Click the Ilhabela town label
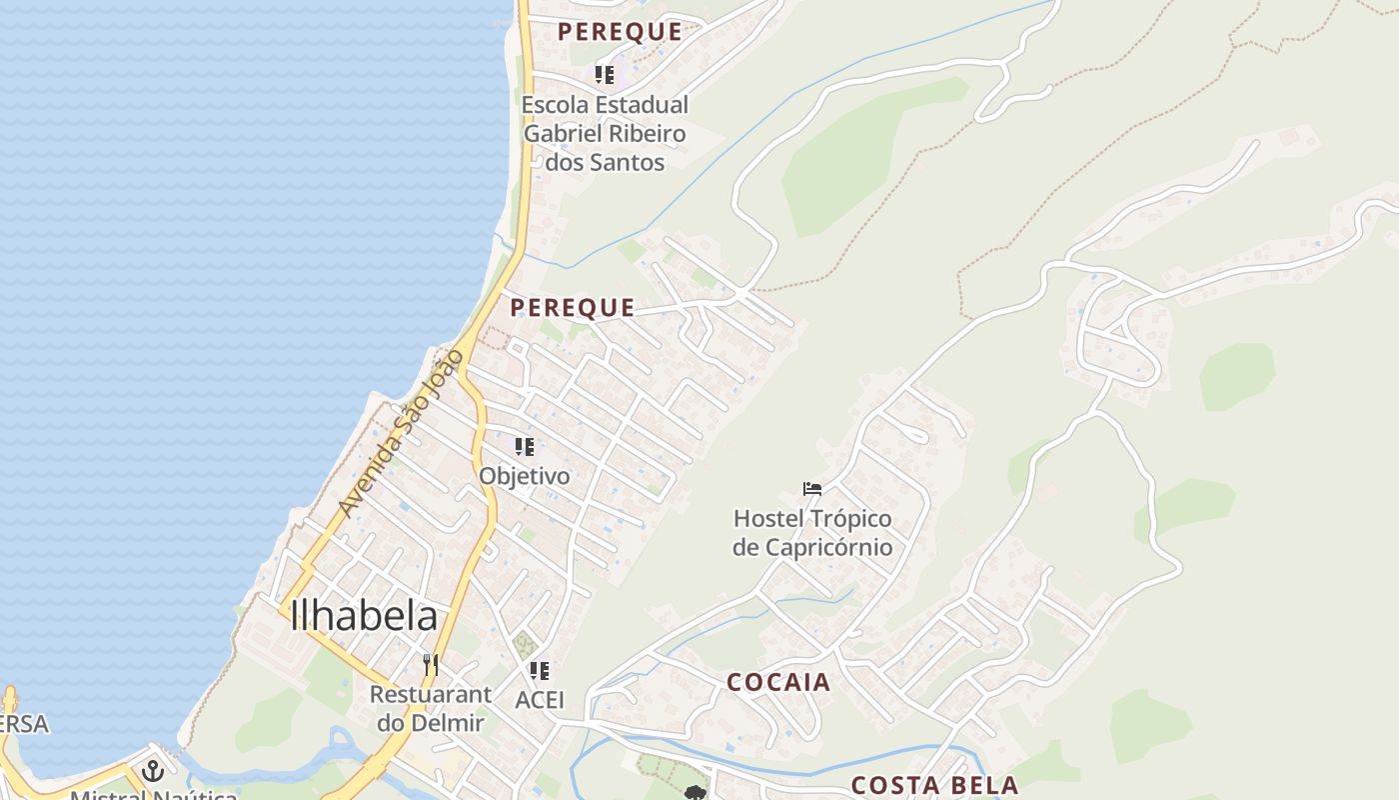(364, 615)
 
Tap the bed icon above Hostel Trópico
(812, 489)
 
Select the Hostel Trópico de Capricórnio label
(812, 533)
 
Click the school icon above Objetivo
(525, 447)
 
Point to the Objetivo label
(525, 476)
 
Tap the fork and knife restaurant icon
(430, 665)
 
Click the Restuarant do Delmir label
(431, 708)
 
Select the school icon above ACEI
(540, 671)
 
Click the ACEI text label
(540, 700)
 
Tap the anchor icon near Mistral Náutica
(153, 771)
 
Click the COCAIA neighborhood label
(778, 682)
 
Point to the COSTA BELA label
(934, 785)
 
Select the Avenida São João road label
(401, 433)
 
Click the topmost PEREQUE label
(620, 31)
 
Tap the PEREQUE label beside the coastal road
(573, 307)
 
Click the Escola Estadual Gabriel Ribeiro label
(606, 133)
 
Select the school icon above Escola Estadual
(605, 74)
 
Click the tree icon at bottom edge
(696, 793)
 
